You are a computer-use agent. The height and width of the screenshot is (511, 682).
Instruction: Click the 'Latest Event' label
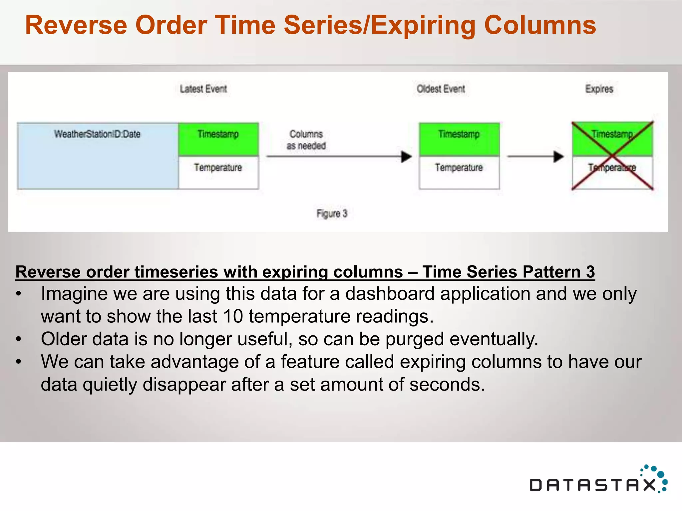pos(203,89)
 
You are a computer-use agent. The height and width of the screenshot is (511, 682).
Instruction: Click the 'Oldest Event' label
pos(441,89)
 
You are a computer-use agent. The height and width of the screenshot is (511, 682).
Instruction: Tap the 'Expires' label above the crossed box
pos(599,89)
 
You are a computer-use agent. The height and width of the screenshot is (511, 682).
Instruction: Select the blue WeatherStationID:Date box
pos(98,156)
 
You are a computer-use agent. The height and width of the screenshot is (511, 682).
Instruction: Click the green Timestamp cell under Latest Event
pos(218,139)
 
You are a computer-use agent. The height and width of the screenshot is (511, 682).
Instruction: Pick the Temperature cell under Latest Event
pos(218,172)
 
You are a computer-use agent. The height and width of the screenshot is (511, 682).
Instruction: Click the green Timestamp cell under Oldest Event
pos(459,139)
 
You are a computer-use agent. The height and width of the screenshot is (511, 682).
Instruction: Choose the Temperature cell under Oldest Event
pos(459,172)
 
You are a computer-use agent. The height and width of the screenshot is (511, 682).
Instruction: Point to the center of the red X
pos(612,156)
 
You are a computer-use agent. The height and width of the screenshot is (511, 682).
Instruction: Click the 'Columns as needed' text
pos(306,140)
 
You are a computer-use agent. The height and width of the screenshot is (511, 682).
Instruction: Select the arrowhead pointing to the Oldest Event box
pos(406,156)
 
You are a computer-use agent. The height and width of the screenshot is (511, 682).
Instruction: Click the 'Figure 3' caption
pos(332,213)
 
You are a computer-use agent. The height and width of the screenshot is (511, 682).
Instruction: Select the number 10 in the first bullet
pos(233,316)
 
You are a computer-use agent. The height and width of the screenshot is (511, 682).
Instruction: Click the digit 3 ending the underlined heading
pos(590,272)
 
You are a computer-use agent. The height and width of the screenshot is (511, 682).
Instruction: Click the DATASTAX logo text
pos(592,485)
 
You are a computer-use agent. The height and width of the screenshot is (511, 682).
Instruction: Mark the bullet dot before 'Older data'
pos(19,339)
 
